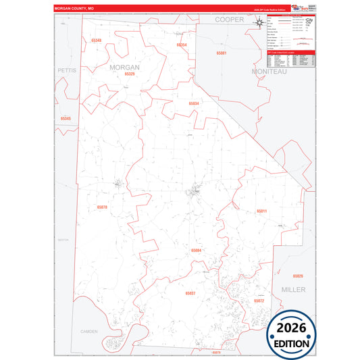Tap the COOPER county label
[x=229, y=20]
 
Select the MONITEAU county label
[x=269, y=71]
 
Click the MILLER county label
[x=294, y=289]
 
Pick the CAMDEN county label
[x=88, y=332]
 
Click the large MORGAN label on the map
[x=124, y=68]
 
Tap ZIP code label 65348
[x=96, y=41]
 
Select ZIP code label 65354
[x=181, y=45]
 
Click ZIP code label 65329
[x=130, y=74]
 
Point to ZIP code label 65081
[x=222, y=53]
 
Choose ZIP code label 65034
[x=193, y=103]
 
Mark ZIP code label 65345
[x=66, y=119]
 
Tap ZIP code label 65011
[x=261, y=211]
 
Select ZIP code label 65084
[x=196, y=251]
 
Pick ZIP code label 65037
[x=190, y=293]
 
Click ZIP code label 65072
[x=259, y=300]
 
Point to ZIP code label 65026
[x=298, y=276]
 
